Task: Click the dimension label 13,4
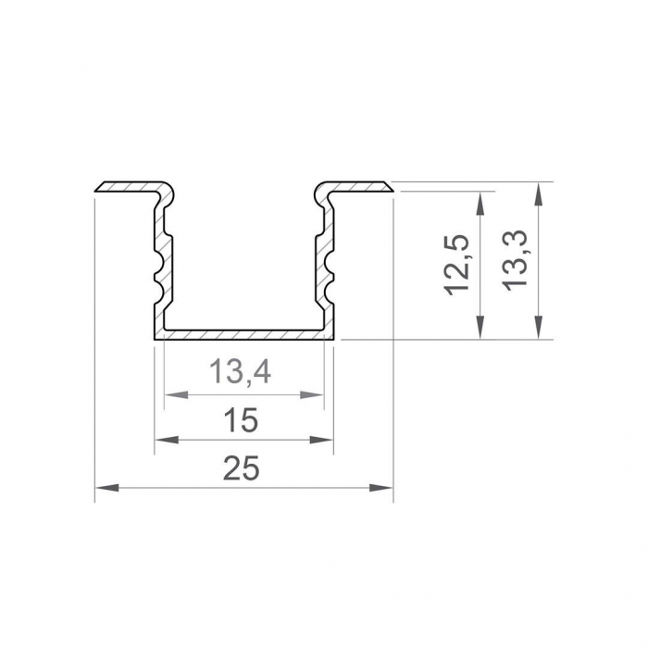(239, 373)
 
